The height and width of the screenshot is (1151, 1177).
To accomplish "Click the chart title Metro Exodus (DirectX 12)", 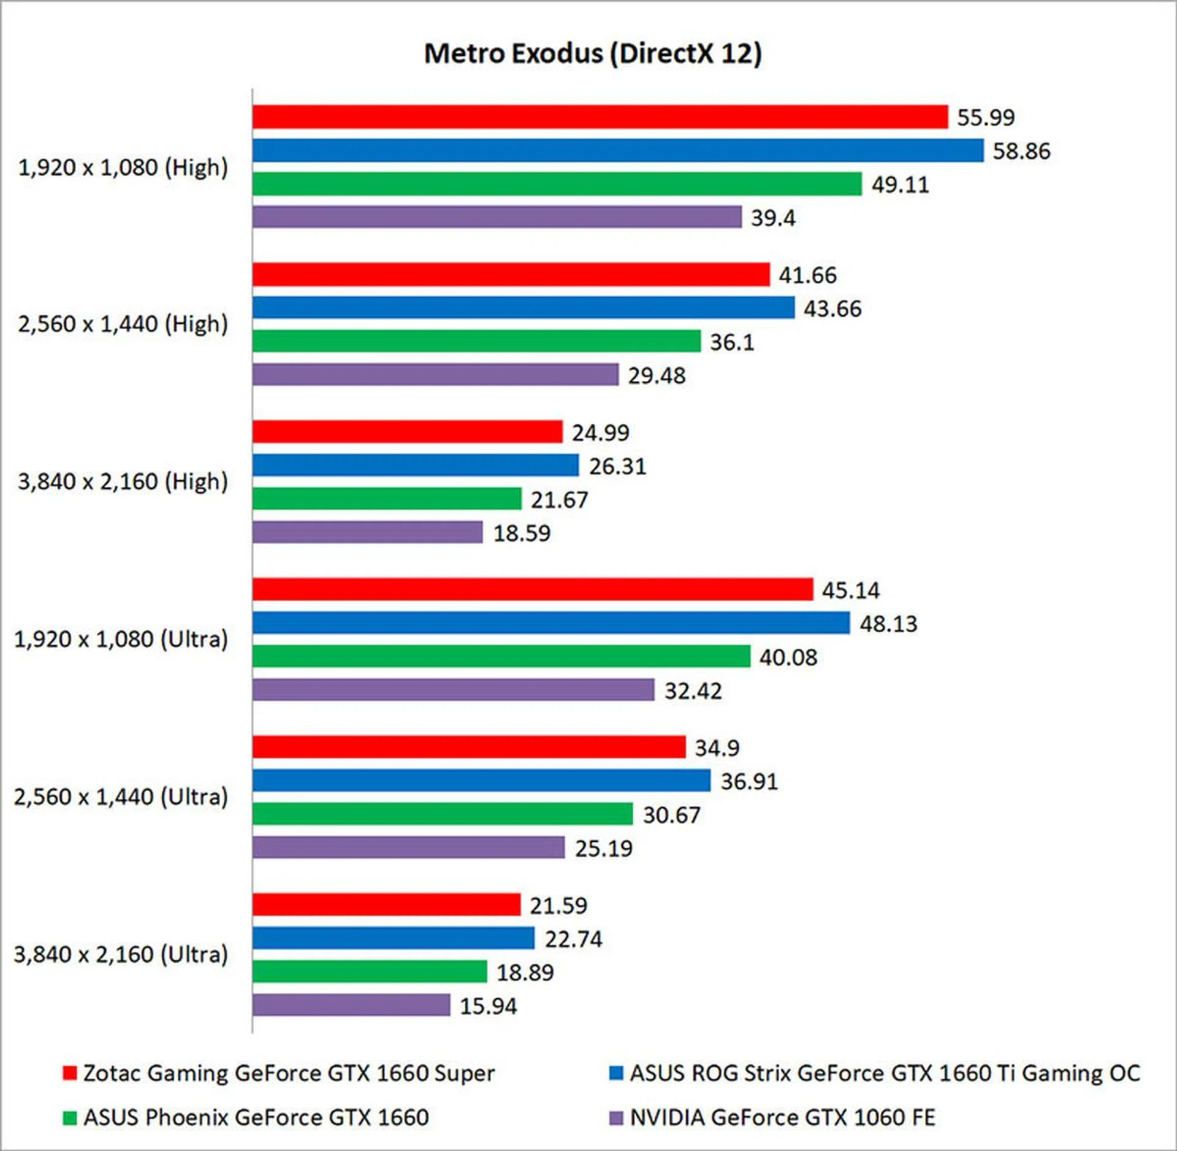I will [593, 53].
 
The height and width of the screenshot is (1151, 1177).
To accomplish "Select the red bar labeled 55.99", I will [600, 117].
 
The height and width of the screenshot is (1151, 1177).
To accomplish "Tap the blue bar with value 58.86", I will [617, 150].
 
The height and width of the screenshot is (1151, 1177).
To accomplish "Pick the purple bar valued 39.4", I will [497, 217].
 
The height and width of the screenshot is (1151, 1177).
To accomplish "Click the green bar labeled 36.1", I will [476, 341].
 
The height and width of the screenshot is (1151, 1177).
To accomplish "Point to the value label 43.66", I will [832, 308].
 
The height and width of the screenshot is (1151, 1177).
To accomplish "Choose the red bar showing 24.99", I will [407, 432].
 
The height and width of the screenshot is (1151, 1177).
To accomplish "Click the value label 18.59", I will [522, 533].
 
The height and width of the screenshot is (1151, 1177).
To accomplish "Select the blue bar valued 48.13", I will [550, 623].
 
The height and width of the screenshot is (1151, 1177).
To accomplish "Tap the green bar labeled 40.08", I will [501, 656].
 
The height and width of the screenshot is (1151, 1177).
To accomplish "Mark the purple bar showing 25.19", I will [408, 847].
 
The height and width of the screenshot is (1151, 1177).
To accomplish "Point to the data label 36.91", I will [748, 781].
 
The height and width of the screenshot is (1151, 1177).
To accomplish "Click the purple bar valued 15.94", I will [351, 1005].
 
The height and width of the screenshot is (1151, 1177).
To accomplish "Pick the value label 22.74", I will [573, 939].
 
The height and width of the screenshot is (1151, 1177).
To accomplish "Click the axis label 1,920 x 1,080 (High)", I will [123, 167].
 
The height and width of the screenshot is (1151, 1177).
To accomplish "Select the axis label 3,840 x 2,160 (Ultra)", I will [121, 954].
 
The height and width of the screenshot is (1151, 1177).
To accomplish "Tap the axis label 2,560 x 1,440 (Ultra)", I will [121, 797].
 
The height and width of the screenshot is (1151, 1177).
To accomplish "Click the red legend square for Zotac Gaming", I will [69, 1073].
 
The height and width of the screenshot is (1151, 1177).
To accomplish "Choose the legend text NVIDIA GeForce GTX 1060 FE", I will [782, 1117].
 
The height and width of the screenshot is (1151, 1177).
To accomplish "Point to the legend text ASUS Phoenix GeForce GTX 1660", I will [256, 1117].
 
